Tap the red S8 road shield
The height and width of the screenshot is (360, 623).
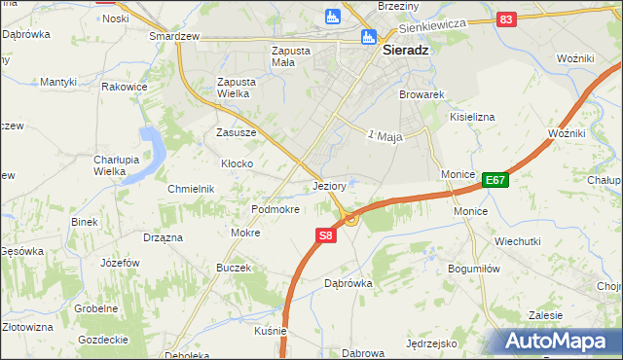pyautogui.click(x=326, y=235)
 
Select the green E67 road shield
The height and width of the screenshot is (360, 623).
pyautogui.click(x=495, y=179)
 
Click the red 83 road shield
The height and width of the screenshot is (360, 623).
pyautogui.click(x=505, y=18)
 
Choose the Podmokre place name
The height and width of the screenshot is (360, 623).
pyautogui.click(x=275, y=209)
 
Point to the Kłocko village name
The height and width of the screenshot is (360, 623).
pyautogui.click(x=238, y=164)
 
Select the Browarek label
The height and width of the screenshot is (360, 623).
pyautogui.click(x=421, y=95)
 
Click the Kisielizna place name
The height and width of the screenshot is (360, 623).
pyautogui.click(x=472, y=117)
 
